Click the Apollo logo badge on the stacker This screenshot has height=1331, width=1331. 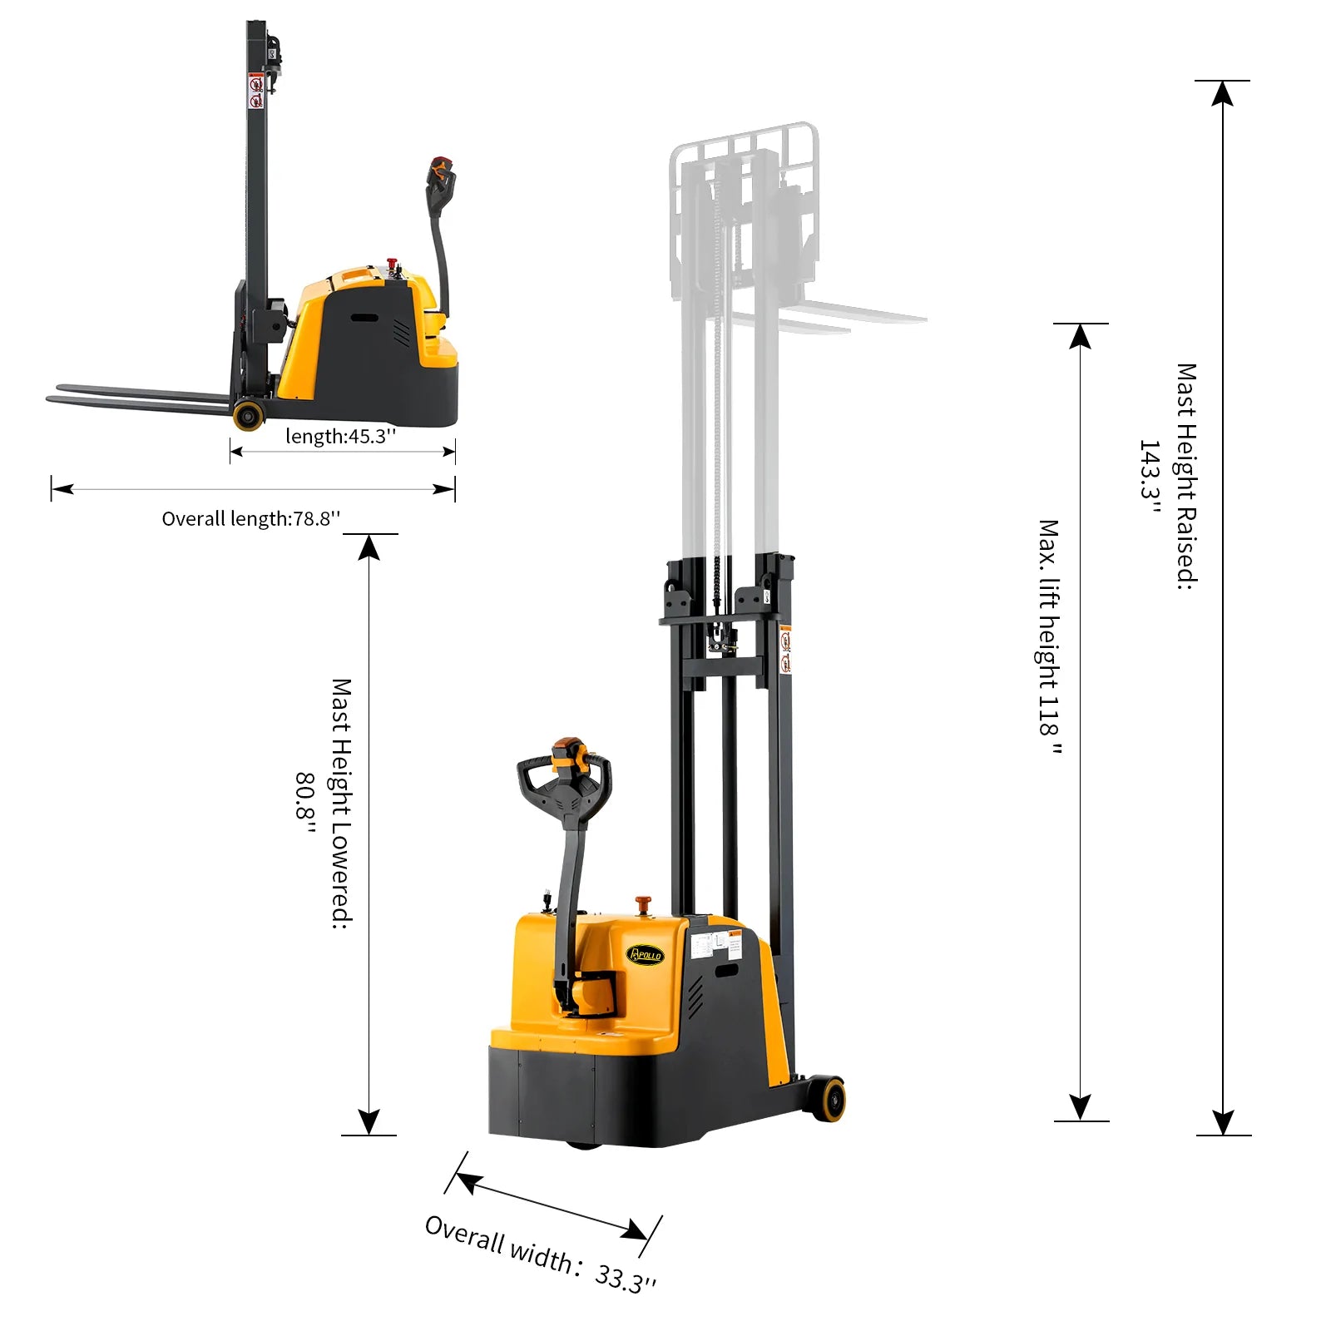(x=645, y=955)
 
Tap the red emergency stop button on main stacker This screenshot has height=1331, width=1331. (x=643, y=903)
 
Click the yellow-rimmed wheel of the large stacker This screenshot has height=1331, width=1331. (x=827, y=1099)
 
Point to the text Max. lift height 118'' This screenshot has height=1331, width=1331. (x=1049, y=637)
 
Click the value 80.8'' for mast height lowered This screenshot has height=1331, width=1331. (x=305, y=804)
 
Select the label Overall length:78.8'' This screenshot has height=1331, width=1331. (x=250, y=519)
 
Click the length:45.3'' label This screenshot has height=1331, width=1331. (x=340, y=436)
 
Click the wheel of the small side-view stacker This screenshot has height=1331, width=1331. (x=248, y=414)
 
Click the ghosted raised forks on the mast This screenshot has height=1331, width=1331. (x=857, y=317)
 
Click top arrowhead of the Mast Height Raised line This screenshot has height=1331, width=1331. (x=1222, y=93)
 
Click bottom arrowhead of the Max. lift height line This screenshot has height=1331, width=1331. (x=1080, y=1107)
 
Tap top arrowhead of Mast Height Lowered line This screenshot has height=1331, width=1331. (x=369, y=547)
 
